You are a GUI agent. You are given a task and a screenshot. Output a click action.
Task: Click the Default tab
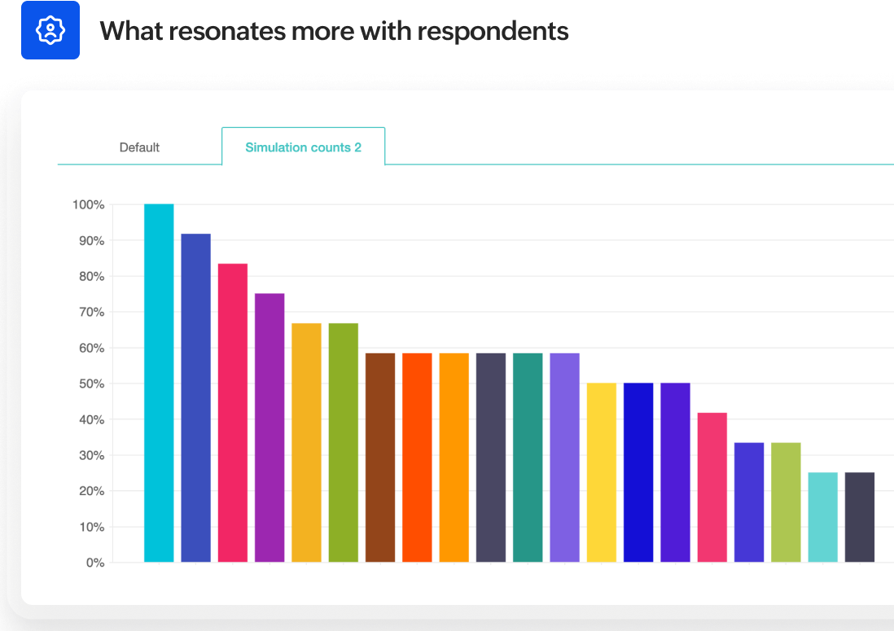coord(139,147)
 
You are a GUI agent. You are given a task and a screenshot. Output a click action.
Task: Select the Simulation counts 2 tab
coord(303,147)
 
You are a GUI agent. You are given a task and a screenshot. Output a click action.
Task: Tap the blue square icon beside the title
coord(50,30)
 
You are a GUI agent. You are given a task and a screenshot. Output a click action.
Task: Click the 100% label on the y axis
coord(88,205)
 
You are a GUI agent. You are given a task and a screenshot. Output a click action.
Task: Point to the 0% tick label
coord(95,563)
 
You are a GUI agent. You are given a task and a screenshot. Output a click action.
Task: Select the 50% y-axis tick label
coord(91,383)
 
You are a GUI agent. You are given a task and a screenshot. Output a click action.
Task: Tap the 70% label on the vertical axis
coord(91,312)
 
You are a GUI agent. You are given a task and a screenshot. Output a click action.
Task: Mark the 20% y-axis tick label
coord(91,491)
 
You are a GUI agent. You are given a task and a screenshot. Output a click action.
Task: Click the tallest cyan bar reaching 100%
coord(159,383)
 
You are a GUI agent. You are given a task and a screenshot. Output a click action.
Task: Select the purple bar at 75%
coord(270,427)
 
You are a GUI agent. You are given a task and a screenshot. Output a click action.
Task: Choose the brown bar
coord(380,458)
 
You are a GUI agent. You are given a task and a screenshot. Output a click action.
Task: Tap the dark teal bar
coord(528,458)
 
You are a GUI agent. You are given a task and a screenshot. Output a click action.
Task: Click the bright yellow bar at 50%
coord(602,472)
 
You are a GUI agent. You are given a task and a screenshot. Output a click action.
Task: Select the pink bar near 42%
coord(712,487)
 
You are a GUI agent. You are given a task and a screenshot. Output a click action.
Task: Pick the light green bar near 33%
coord(786,502)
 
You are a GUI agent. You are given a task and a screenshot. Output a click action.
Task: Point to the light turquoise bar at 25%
coord(822,517)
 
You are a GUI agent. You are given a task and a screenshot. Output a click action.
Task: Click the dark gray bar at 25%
coord(860,517)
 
